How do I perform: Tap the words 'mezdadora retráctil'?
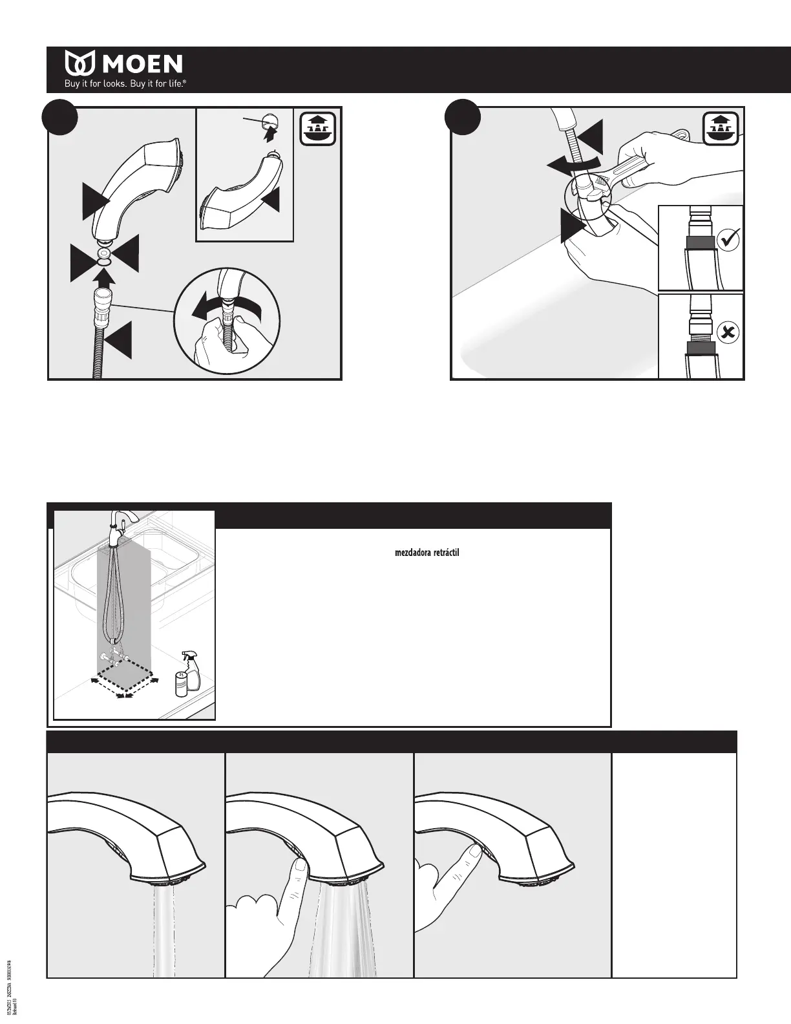427,553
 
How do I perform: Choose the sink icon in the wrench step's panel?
722,129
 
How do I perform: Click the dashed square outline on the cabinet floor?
125,681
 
